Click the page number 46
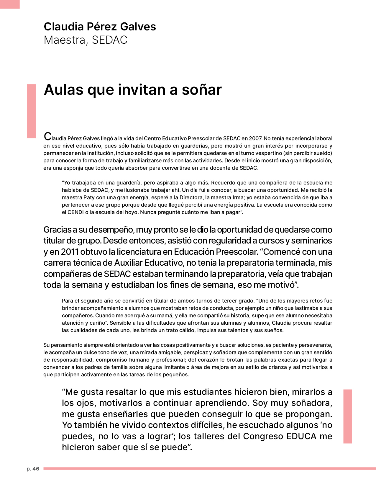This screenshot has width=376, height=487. pyautogui.click(x=36, y=469)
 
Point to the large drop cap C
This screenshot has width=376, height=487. pyautogui.click(x=47, y=137)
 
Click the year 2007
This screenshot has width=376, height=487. pyautogui.click(x=255, y=138)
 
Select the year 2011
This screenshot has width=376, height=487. pyautogui.click(x=70, y=252)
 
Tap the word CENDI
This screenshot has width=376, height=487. pyautogui.click(x=75, y=212)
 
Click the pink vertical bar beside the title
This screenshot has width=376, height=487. pyautogui.click(x=31, y=111)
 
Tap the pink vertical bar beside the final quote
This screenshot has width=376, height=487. pyautogui.click(x=348, y=416)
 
